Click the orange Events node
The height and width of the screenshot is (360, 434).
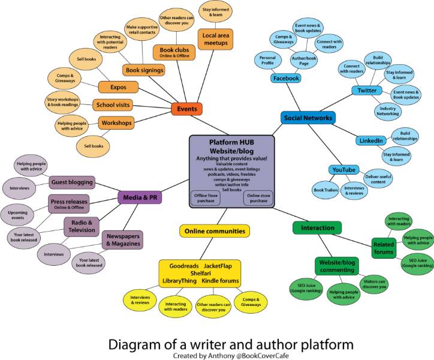click(187, 109)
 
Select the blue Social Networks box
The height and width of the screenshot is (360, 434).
click(308, 118)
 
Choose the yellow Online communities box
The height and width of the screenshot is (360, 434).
click(214, 230)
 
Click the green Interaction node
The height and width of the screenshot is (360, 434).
click(318, 228)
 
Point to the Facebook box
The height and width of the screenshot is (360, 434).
click(285, 79)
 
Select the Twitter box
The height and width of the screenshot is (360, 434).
click(367, 91)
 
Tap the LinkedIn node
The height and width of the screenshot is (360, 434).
click(370, 140)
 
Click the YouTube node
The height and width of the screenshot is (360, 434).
click(343, 170)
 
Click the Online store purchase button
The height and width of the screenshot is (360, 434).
click(258, 197)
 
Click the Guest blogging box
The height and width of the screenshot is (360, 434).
click(72, 182)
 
